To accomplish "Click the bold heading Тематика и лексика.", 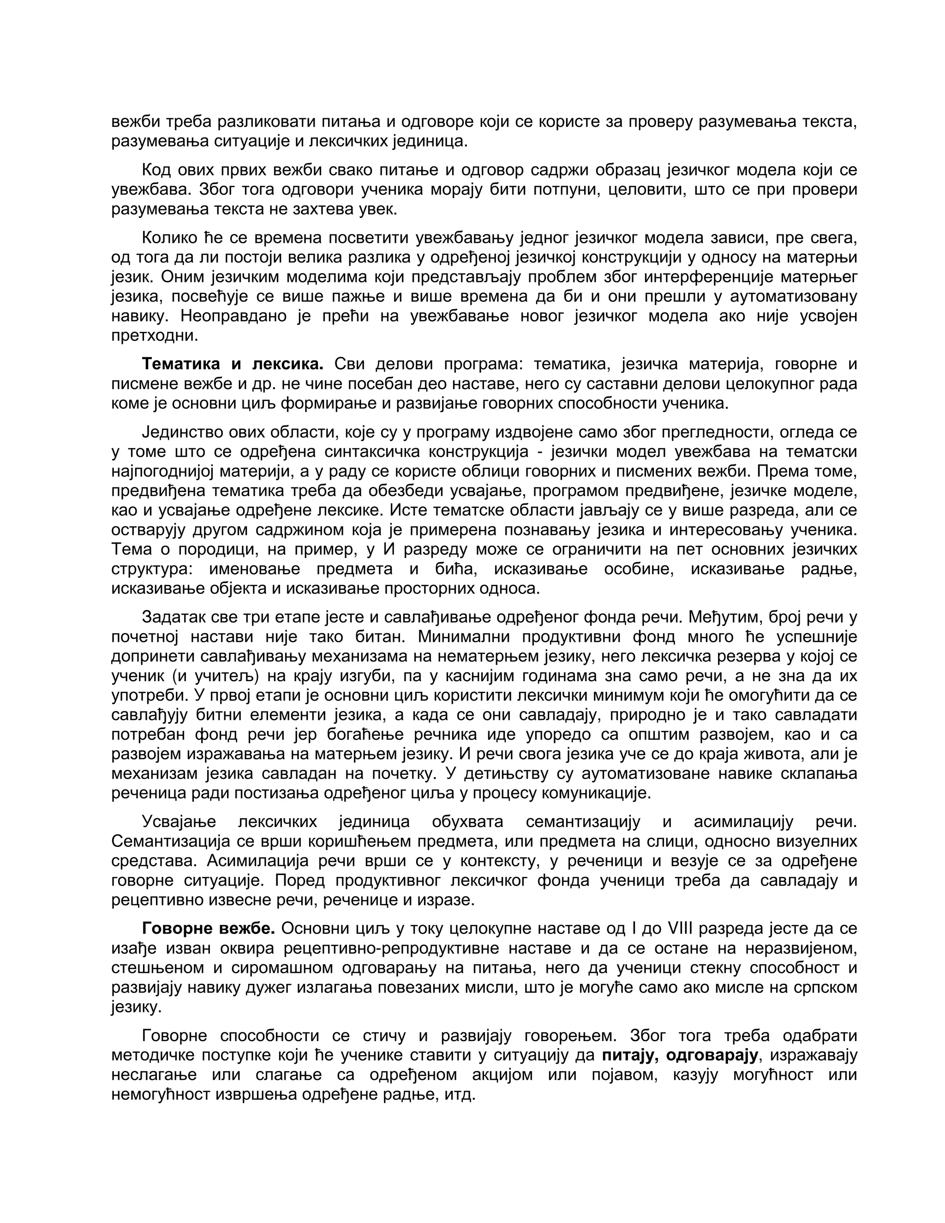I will (x=233, y=364).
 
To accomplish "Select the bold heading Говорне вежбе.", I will (x=208, y=929).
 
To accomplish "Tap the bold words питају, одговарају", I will (x=680, y=1055).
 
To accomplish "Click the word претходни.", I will (x=155, y=336).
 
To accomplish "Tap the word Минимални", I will (x=462, y=637).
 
